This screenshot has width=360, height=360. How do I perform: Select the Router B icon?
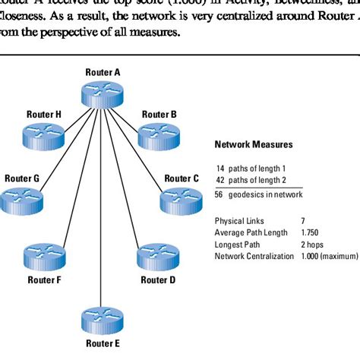159,137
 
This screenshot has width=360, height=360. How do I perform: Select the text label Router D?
158,279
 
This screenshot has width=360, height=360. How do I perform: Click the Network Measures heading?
254,144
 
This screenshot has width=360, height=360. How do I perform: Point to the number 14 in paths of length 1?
221,167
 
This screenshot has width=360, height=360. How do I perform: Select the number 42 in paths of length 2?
221,180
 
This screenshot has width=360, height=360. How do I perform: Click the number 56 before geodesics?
221,194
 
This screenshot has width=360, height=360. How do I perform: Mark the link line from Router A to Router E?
102,228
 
